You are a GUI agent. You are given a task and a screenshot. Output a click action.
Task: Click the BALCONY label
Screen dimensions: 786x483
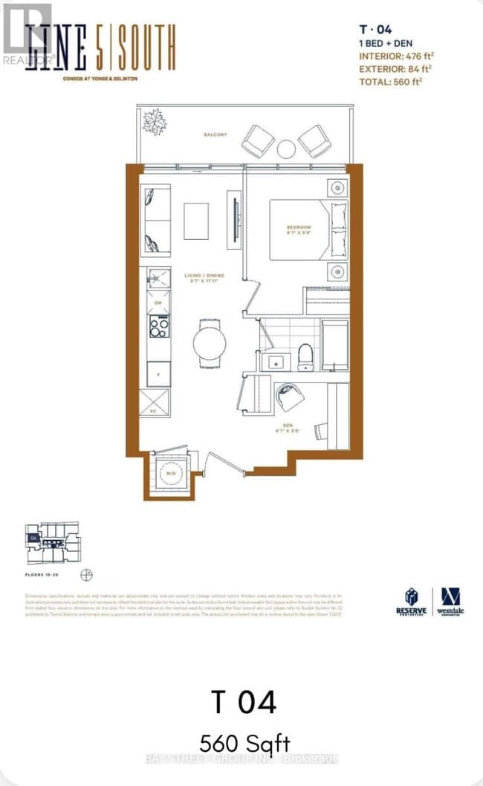click(x=215, y=134)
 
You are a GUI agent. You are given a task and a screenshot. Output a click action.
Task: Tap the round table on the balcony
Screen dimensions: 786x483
click(x=286, y=149)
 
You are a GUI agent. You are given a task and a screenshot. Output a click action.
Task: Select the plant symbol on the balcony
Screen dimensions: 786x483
click(x=155, y=122)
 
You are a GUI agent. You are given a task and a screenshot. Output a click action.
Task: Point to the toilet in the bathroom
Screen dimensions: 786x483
click(x=305, y=358)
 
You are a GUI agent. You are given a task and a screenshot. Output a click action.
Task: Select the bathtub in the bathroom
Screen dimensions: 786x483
click(x=334, y=345)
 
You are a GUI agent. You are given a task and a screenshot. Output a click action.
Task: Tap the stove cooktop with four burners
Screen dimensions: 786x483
click(x=158, y=325)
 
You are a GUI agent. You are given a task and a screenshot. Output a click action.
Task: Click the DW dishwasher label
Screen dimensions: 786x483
click(x=158, y=302)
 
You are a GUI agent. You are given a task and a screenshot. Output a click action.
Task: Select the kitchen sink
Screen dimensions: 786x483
click(x=158, y=279)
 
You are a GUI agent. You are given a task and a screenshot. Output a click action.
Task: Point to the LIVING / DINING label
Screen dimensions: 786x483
click(x=204, y=276)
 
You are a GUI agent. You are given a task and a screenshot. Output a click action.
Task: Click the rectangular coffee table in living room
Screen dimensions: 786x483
click(x=196, y=221)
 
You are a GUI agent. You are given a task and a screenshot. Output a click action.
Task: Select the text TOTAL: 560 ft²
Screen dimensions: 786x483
click(x=390, y=82)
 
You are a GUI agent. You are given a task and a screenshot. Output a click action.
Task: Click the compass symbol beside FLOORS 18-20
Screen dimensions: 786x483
click(x=87, y=574)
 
